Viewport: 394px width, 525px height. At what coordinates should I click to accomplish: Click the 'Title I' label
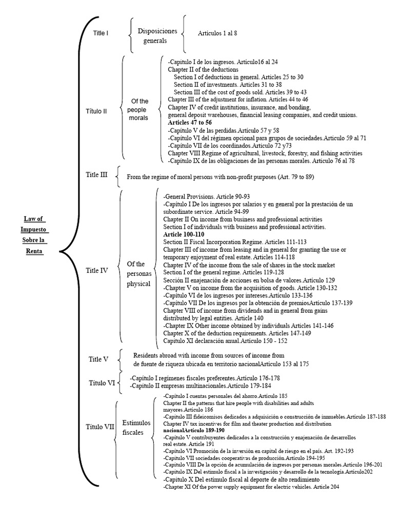coord(101,33)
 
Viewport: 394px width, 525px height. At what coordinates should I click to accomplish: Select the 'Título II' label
coord(96,110)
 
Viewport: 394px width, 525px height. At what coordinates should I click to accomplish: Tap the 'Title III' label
coord(96,175)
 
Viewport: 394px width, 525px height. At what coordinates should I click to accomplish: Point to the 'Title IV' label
coord(96,270)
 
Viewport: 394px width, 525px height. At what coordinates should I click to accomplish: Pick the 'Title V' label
coord(98,359)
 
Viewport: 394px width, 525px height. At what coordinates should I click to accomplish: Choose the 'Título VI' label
coord(102,382)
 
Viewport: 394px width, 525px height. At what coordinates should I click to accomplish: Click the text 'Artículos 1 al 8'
coord(218,33)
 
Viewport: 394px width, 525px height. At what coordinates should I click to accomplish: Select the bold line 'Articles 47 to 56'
coord(190,123)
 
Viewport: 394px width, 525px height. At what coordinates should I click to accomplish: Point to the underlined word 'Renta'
coord(34,251)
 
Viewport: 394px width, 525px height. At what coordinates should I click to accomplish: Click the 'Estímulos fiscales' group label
coord(136,428)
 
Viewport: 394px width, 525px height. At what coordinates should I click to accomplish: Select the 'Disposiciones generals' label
coord(157,36)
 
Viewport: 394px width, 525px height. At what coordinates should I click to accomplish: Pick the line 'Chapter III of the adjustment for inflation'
coord(238,99)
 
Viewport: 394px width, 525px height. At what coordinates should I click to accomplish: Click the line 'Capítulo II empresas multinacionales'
coord(201,386)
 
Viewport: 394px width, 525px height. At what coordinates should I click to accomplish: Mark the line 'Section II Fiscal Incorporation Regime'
coord(235,242)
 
